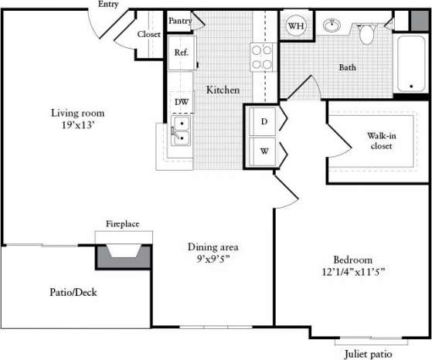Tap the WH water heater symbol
tap(295, 26)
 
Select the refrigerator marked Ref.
tap(182, 53)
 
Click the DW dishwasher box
tap(182, 101)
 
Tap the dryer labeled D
tap(263, 121)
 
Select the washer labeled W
tap(263, 150)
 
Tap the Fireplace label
tap(122, 224)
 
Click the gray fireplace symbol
tap(122, 254)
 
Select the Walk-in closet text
tap(381, 141)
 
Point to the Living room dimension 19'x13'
tap(73, 123)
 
